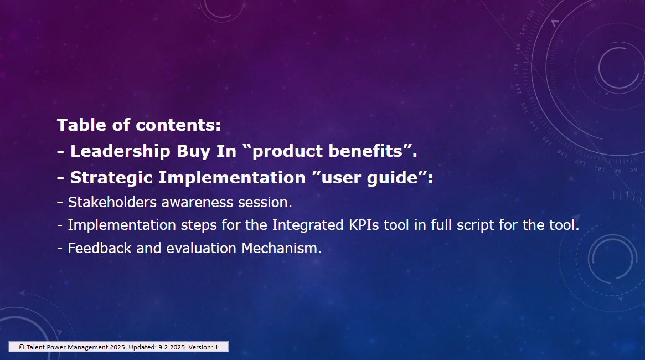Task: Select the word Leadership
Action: [120, 151]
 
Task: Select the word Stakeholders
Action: [112, 202]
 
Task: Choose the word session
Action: [264, 202]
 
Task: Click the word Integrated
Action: [308, 225]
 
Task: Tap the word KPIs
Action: [364, 225]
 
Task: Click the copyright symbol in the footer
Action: [22, 347]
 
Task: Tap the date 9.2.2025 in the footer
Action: [172, 347]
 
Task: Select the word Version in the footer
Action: [200, 347]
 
